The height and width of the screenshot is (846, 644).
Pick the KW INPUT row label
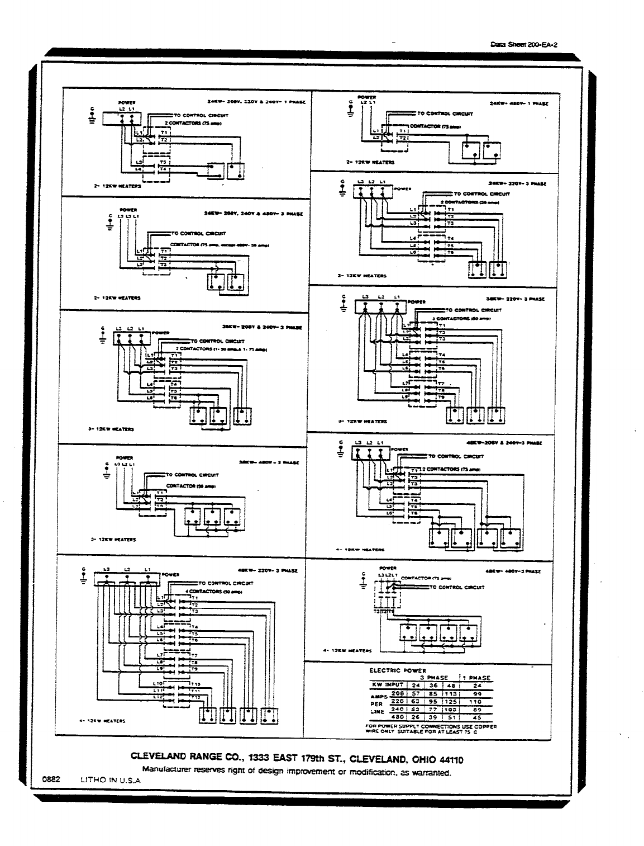[x=387, y=685]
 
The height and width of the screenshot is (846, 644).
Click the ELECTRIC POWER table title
[x=398, y=670]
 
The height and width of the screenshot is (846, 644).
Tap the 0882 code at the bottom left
[x=51, y=778]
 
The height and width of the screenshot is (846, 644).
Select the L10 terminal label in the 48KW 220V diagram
[x=158, y=683]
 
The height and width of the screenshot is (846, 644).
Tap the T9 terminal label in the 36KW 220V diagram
[x=441, y=397]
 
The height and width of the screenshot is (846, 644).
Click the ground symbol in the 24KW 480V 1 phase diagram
[x=350, y=112]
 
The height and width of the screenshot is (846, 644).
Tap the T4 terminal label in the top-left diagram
[x=163, y=168]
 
